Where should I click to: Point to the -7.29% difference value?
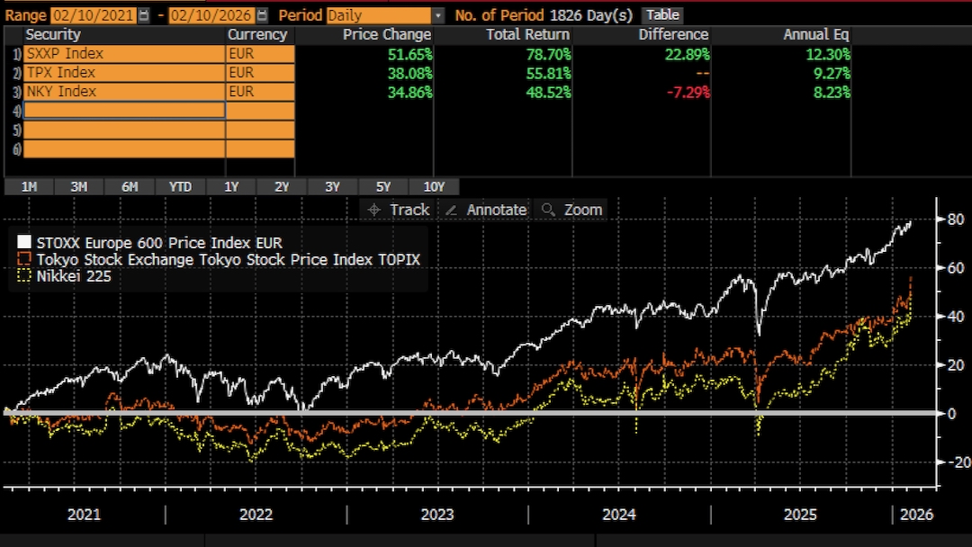click(686, 92)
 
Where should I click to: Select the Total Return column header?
click(527, 34)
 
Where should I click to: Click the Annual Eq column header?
click(816, 34)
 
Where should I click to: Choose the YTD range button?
click(180, 187)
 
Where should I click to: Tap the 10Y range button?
click(433, 187)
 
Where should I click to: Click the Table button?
click(662, 15)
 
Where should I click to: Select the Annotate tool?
click(486, 210)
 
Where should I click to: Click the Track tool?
click(399, 210)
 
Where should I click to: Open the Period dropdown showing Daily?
click(385, 15)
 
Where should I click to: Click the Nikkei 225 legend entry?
click(71, 276)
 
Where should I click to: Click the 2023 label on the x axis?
click(437, 515)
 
